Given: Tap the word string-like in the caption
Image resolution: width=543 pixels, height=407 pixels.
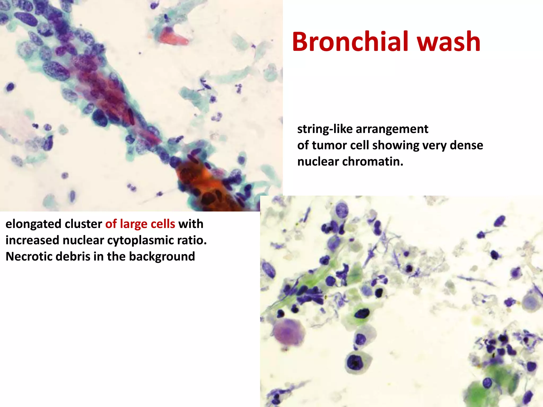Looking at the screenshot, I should (325, 129).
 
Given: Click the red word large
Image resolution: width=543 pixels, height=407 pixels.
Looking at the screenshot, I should (134, 224).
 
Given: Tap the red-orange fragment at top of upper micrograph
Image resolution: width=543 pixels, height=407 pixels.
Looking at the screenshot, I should (174, 37).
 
